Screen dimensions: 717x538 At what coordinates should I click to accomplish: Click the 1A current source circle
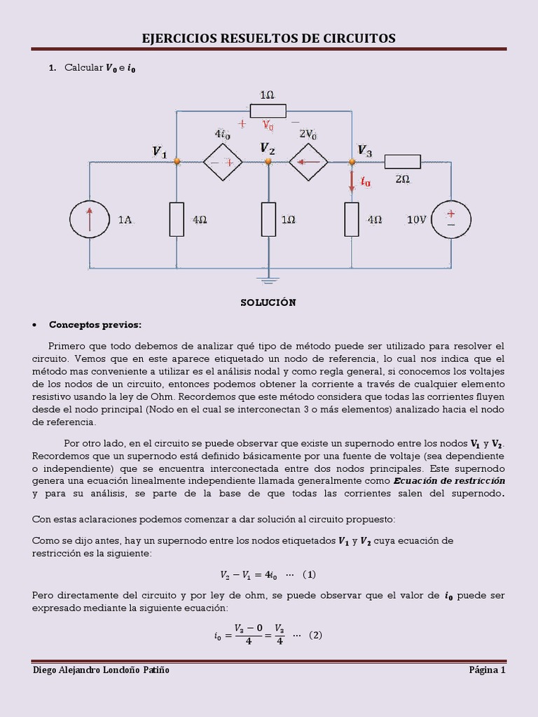pos(90,219)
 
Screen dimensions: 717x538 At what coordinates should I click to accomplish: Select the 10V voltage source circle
pos(450,219)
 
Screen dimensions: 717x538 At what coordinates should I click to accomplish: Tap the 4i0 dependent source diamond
pos(222,162)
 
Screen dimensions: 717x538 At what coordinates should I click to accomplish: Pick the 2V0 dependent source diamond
pos(309,162)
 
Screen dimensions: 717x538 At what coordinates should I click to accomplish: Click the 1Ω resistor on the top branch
pos(268,111)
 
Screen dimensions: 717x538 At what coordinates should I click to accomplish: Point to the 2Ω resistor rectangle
pos(402,162)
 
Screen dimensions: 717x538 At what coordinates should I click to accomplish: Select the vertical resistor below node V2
pos(268,219)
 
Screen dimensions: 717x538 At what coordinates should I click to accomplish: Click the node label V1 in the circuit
pos(160,152)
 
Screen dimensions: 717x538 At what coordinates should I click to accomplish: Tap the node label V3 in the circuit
pos(364,150)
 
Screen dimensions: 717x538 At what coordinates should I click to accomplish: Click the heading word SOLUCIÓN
pos(268,302)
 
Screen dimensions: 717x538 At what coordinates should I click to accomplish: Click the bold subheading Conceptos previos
pos(95,325)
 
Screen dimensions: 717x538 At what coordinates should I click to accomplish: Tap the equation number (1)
pos(309,575)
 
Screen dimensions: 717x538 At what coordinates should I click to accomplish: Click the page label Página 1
pos(487,670)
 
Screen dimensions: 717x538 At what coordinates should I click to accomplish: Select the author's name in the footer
pos(102,670)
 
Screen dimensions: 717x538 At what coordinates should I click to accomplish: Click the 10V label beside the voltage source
pos(416,220)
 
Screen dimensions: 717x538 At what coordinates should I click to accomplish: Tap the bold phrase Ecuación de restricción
pos(449,481)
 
